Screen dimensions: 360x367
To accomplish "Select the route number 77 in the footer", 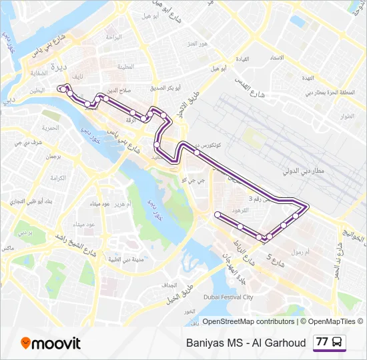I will click(x=322, y=342).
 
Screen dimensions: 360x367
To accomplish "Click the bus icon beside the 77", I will click(x=338, y=342).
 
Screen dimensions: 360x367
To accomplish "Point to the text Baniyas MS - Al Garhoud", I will click(x=246, y=343).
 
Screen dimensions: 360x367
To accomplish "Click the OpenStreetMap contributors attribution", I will click(x=248, y=321).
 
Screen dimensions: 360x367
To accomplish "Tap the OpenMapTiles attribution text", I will click(x=331, y=321).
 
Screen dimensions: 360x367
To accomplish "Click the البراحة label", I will click(x=113, y=37).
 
